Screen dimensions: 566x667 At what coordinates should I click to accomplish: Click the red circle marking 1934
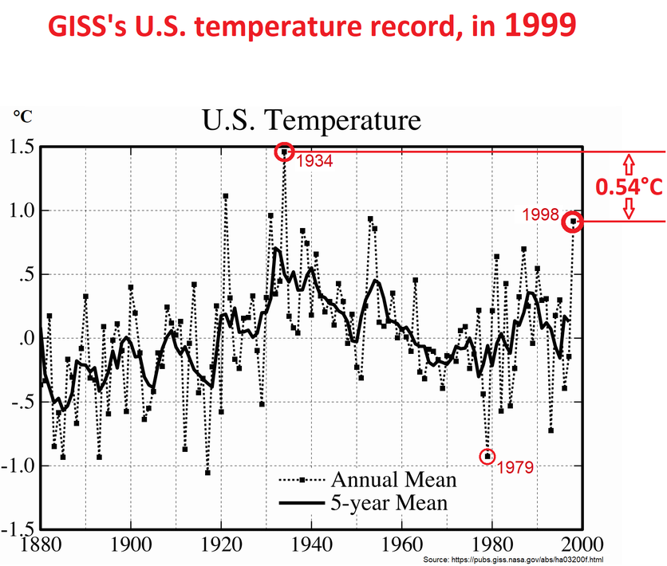tap(284, 151)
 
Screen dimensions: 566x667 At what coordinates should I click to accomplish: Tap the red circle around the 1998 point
tap(573, 222)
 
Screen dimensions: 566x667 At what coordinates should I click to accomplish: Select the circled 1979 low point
tap(487, 456)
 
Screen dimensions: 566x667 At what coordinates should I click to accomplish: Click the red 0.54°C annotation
tap(630, 187)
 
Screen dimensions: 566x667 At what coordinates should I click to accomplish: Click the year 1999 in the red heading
tap(539, 27)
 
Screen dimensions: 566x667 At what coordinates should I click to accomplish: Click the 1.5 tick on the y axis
tap(22, 147)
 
